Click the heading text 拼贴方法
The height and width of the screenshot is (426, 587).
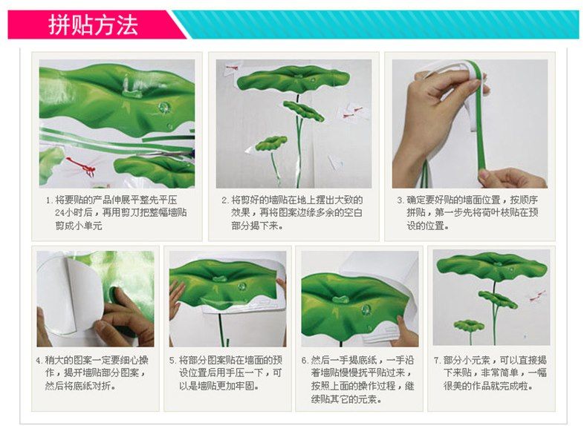tap(93, 25)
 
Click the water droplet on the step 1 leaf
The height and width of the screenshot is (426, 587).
tap(164, 108)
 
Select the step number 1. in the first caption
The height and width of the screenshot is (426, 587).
tap(49, 200)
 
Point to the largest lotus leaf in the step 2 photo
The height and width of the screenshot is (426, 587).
tap(293, 79)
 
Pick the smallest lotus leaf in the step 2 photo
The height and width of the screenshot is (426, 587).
tap(270, 143)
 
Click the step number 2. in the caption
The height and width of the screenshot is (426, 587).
tap(225, 200)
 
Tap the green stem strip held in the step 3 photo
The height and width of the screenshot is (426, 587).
tap(479, 119)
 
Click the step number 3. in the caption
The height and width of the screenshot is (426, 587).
tap(401, 200)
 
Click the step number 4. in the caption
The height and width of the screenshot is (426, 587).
tap(39, 361)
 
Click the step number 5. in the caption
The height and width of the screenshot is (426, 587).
tap(172, 361)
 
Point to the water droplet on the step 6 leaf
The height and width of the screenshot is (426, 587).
tap(366, 309)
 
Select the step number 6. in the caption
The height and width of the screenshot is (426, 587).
tap(305, 361)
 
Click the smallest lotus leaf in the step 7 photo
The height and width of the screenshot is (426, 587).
tap(469, 325)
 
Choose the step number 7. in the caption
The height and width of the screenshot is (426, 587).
tap(438, 361)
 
